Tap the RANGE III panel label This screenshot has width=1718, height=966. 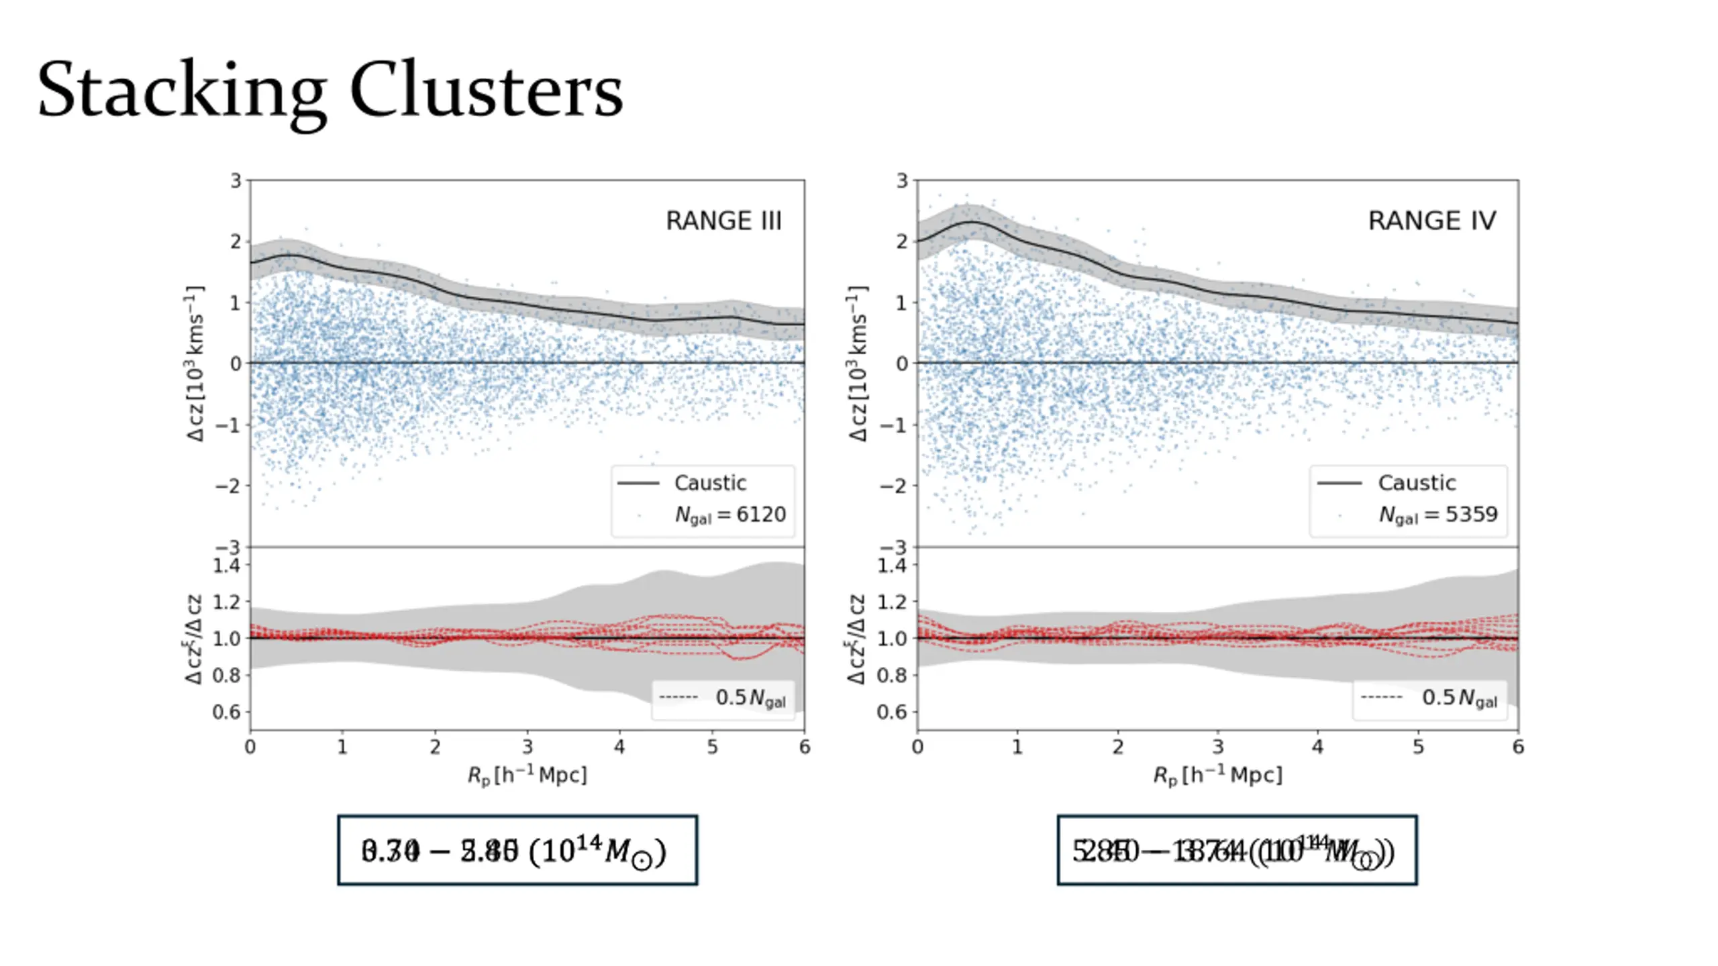click(723, 221)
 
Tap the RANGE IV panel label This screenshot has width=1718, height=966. click(1432, 221)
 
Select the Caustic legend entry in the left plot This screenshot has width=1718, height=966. click(709, 483)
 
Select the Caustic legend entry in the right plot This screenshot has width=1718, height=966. click(1416, 483)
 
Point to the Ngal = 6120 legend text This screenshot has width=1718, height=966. click(729, 515)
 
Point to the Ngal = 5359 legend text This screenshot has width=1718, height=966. click(1437, 515)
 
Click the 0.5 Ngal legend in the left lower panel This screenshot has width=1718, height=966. click(750, 698)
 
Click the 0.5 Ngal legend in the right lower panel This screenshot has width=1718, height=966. click(1458, 698)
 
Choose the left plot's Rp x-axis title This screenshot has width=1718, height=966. click(527, 775)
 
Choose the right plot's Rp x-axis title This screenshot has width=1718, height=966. click(1217, 775)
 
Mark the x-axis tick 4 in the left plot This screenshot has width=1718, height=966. click(619, 747)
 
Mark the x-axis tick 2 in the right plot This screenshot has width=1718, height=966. click(1117, 747)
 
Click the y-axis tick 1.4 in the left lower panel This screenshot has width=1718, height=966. click(226, 566)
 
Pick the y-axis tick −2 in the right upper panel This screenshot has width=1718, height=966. click(893, 486)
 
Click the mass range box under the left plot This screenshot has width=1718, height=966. click(517, 851)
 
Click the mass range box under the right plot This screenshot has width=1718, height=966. click(1237, 851)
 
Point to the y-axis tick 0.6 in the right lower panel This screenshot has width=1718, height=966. click(891, 712)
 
